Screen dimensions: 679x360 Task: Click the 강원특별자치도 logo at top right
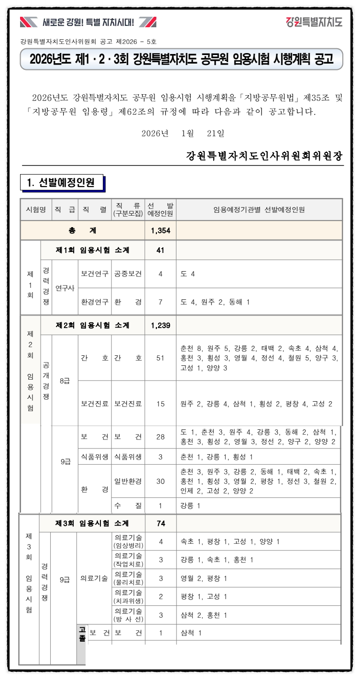point(314,22)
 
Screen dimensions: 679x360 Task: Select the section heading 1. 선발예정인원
point(61,183)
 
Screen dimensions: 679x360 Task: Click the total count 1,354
point(161,230)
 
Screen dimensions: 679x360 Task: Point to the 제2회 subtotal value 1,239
point(161,325)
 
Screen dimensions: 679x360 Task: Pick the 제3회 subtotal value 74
point(161,523)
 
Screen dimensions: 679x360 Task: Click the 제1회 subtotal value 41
point(161,250)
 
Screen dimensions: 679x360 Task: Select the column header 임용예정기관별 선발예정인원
point(259,209)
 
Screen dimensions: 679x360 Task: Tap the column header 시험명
point(35,209)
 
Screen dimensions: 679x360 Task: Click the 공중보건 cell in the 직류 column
point(128,274)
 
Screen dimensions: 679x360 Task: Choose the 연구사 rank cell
point(65,288)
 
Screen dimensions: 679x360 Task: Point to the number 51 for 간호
point(161,358)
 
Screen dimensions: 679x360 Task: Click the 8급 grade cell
point(65,381)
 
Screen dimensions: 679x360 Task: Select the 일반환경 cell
point(128,481)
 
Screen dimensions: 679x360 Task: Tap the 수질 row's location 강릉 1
point(190,505)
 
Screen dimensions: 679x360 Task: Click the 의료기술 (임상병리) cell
point(128,541)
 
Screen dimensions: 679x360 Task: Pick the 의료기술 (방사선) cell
point(128,615)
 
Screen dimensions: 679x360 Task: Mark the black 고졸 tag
point(82,634)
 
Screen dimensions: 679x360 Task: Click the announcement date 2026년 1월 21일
point(183,133)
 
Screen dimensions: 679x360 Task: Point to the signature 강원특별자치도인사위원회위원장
point(264,156)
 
